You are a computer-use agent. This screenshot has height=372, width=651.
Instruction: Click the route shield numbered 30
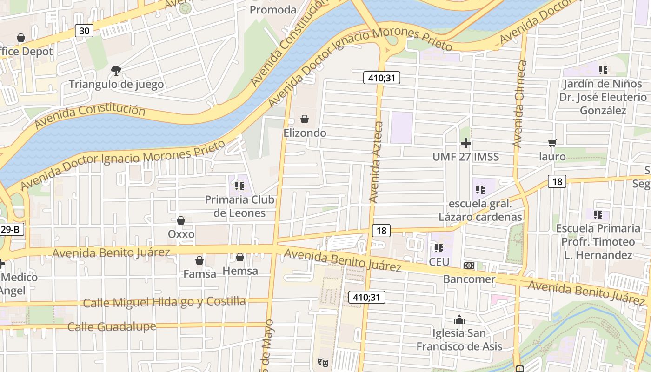coord(84,31)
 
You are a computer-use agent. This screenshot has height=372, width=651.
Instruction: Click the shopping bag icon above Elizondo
coord(305,120)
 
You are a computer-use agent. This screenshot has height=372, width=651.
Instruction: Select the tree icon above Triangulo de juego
coord(116,71)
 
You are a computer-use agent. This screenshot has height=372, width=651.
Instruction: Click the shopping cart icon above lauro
coord(552,143)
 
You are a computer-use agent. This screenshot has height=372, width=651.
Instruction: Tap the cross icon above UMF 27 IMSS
coord(465,143)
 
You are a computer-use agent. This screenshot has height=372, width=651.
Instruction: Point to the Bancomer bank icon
coord(469,266)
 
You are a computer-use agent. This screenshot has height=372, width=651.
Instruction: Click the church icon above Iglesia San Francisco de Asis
coord(459,320)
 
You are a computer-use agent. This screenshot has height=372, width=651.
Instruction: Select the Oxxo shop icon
coord(181,220)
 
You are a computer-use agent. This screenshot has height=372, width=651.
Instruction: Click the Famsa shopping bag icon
coord(199,260)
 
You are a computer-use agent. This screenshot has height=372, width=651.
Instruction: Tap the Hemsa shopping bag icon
coord(240,257)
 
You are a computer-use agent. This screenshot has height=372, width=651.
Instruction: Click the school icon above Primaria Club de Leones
coord(239,186)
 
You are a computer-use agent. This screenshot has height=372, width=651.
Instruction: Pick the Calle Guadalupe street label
coord(112,327)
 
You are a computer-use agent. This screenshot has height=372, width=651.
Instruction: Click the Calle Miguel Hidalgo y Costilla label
coord(164,302)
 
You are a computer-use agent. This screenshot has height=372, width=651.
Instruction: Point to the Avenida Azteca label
coord(377,162)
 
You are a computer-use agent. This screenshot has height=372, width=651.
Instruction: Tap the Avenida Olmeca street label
coord(520,104)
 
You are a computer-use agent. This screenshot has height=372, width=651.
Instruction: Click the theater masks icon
coord(323,362)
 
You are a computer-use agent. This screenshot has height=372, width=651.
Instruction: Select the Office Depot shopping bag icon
coord(21,38)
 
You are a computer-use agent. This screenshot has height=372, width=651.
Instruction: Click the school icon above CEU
coord(438,248)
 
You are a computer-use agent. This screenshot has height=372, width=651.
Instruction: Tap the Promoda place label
coord(273,10)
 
